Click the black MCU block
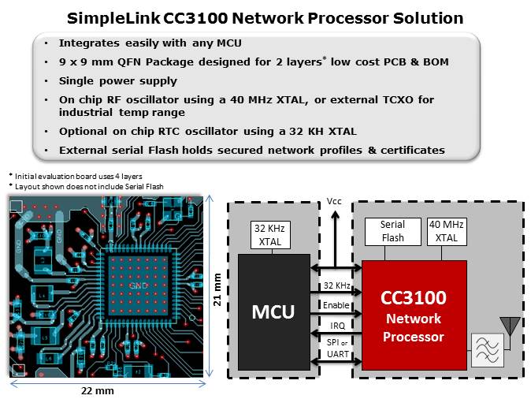point(273,312)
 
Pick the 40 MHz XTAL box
point(442,232)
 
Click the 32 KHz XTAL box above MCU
point(269,234)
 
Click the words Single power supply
point(118,80)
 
